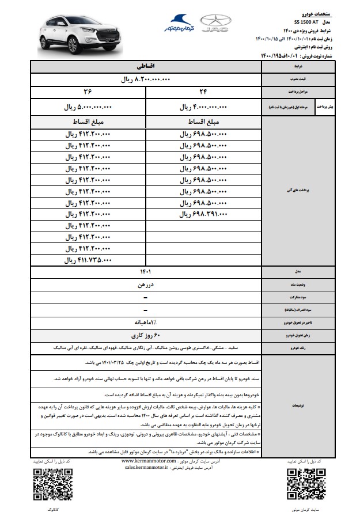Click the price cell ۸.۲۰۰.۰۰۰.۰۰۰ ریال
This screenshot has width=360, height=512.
(146, 80)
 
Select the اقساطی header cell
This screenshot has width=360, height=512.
(146, 67)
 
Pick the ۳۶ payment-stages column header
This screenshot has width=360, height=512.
(88, 92)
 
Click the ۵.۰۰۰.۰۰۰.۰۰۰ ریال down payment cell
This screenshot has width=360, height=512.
(88, 107)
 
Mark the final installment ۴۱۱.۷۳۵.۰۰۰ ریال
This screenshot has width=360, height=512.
(88, 260)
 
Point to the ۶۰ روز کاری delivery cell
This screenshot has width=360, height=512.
(146, 335)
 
